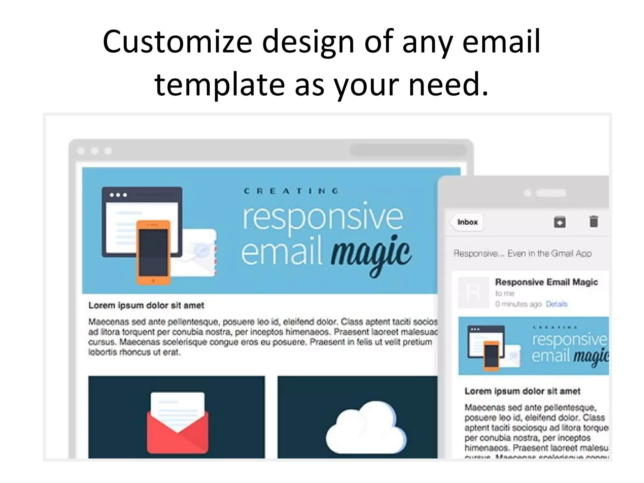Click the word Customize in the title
177,42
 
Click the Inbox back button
467,222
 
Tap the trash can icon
593,221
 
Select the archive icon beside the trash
559,222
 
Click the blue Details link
556,304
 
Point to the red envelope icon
177,423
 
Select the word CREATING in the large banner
291,191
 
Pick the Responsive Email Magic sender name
546,282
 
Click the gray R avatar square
473,292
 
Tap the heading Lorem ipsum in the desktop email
146,305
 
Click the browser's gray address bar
408,150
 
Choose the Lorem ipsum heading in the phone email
522,391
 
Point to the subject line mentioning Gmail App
522,253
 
